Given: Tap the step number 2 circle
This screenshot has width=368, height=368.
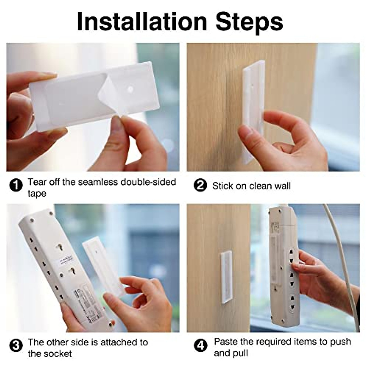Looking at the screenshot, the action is pos(201,186).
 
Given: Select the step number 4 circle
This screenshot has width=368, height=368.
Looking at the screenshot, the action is pos(201,346).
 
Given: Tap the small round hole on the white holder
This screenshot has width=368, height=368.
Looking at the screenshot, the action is pos(130,89).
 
